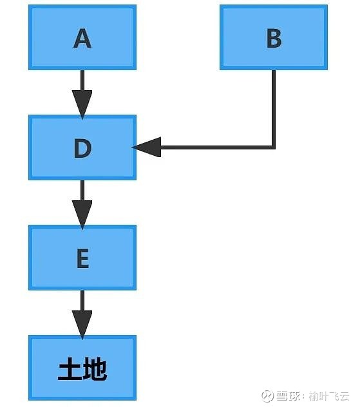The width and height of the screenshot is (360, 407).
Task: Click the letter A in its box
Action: (82, 38)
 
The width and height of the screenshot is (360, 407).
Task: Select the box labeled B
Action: (274, 37)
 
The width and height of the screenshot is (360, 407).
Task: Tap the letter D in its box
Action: (82, 148)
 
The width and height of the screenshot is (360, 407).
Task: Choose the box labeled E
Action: (82, 258)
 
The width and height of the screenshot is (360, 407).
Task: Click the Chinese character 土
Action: (70, 369)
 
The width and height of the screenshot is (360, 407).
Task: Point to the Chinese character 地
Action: (95, 369)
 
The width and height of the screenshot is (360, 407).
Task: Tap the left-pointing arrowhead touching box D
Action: (147, 147)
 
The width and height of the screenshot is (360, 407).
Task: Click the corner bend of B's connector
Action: (274, 147)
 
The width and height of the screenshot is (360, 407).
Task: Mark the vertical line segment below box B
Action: (274, 108)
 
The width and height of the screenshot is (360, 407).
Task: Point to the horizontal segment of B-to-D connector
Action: (217, 147)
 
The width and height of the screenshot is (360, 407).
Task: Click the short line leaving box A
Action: (82, 80)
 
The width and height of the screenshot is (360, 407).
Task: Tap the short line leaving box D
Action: (82, 190)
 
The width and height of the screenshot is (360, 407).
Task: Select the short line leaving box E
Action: (82, 300)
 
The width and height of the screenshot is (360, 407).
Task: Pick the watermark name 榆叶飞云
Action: (329, 396)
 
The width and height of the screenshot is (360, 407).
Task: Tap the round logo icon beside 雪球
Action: (268, 396)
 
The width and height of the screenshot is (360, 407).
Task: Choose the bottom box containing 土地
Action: (82, 368)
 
